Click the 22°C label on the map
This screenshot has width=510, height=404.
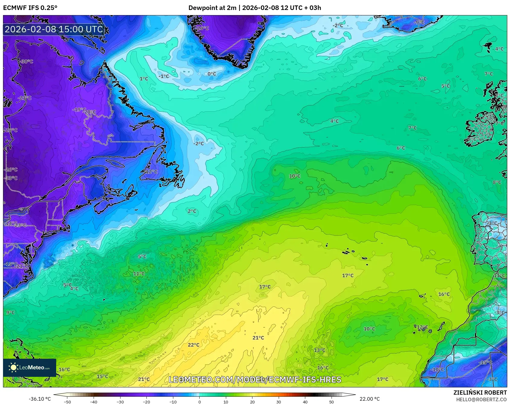194,345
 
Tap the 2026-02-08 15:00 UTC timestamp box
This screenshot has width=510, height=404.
54,29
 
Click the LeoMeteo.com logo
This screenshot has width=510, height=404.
30,367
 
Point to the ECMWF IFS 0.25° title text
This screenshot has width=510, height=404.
30,8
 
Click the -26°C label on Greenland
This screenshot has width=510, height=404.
202,28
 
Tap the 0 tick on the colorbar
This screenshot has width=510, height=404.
199,402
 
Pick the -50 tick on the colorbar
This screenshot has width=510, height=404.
67,402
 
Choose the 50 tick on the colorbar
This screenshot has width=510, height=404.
332,402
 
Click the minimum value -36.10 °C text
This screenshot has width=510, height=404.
40,399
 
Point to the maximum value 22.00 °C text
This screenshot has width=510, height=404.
369,399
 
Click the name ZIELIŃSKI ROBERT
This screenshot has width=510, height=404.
480,393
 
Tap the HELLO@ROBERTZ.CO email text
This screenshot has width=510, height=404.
481,399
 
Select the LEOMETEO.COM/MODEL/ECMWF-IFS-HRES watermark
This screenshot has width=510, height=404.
255,380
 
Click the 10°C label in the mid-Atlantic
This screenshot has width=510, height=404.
295,176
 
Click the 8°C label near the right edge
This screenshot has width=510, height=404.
497,182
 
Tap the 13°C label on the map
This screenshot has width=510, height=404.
319,350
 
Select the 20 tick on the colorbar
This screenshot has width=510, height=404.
252,402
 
